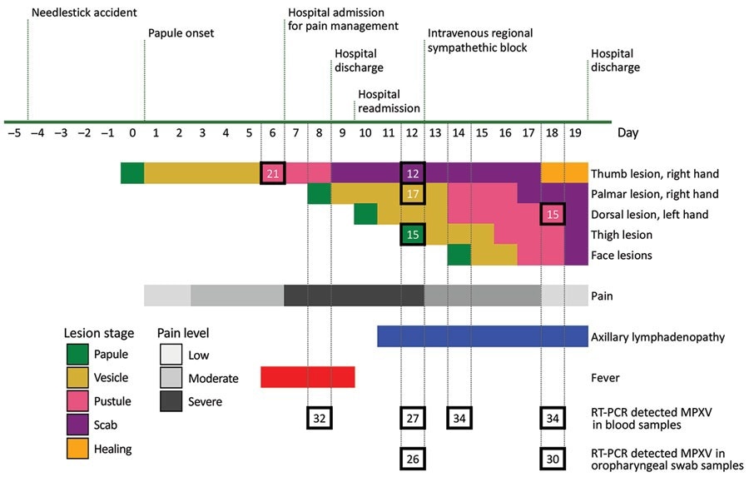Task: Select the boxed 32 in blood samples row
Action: pyautogui.click(x=320, y=416)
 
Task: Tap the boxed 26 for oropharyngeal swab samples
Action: pyautogui.click(x=413, y=457)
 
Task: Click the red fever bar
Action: pyautogui.click(x=308, y=376)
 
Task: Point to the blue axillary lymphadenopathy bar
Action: pyautogui.click(x=483, y=335)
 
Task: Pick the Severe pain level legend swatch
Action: pyautogui.click(x=172, y=402)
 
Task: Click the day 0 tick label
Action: pyautogui.click(x=132, y=132)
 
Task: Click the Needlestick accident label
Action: pyautogui.click(x=83, y=13)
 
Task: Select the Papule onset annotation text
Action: pyautogui.click(x=181, y=33)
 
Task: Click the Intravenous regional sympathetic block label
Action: pyautogui.click(x=480, y=40)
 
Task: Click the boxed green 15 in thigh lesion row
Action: pyautogui.click(x=413, y=235)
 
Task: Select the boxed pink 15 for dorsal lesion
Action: pyautogui.click(x=553, y=214)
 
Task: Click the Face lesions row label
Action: pyautogui.click(x=622, y=256)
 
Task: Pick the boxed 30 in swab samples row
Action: pyautogui.click(x=553, y=457)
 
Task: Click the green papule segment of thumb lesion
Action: pyautogui.click(x=132, y=173)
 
